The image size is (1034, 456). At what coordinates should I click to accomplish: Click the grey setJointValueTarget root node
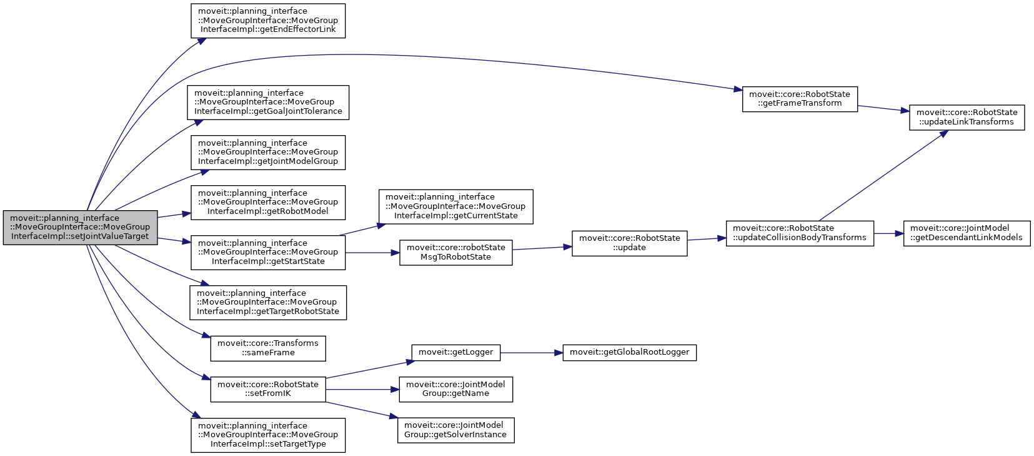(x=80, y=227)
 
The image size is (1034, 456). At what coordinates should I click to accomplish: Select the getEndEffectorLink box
(x=268, y=21)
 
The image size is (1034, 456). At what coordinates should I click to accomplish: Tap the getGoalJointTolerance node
(x=268, y=103)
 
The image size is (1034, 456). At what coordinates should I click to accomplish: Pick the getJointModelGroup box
(x=268, y=152)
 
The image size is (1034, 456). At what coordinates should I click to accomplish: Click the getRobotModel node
(x=268, y=202)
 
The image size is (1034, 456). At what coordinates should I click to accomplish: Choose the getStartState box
(x=268, y=252)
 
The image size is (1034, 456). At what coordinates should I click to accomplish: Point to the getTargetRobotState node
(x=268, y=302)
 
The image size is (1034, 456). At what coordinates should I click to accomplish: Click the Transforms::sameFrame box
(x=268, y=348)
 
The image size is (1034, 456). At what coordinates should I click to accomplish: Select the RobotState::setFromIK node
(x=268, y=389)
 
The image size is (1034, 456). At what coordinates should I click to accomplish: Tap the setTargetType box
(x=268, y=435)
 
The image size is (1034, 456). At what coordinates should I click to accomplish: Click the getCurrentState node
(x=455, y=206)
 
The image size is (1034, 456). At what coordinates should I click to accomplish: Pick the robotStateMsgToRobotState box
(x=455, y=252)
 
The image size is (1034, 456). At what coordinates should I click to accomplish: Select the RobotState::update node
(x=629, y=243)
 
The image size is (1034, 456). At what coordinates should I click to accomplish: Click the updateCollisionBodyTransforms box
(x=799, y=233)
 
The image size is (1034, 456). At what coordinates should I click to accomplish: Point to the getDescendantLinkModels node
(x=966, y=233)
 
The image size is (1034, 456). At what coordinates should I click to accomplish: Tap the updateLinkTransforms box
(x=966, y=117)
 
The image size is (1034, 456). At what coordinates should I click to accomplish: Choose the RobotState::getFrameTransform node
(x=799, y=99)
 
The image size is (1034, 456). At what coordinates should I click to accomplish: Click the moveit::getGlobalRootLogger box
(x=629, y=352)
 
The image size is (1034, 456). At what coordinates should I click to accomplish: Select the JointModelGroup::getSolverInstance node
(x=455, y=430)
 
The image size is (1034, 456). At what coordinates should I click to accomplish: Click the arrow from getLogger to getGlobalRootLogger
(x=531, y=353)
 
